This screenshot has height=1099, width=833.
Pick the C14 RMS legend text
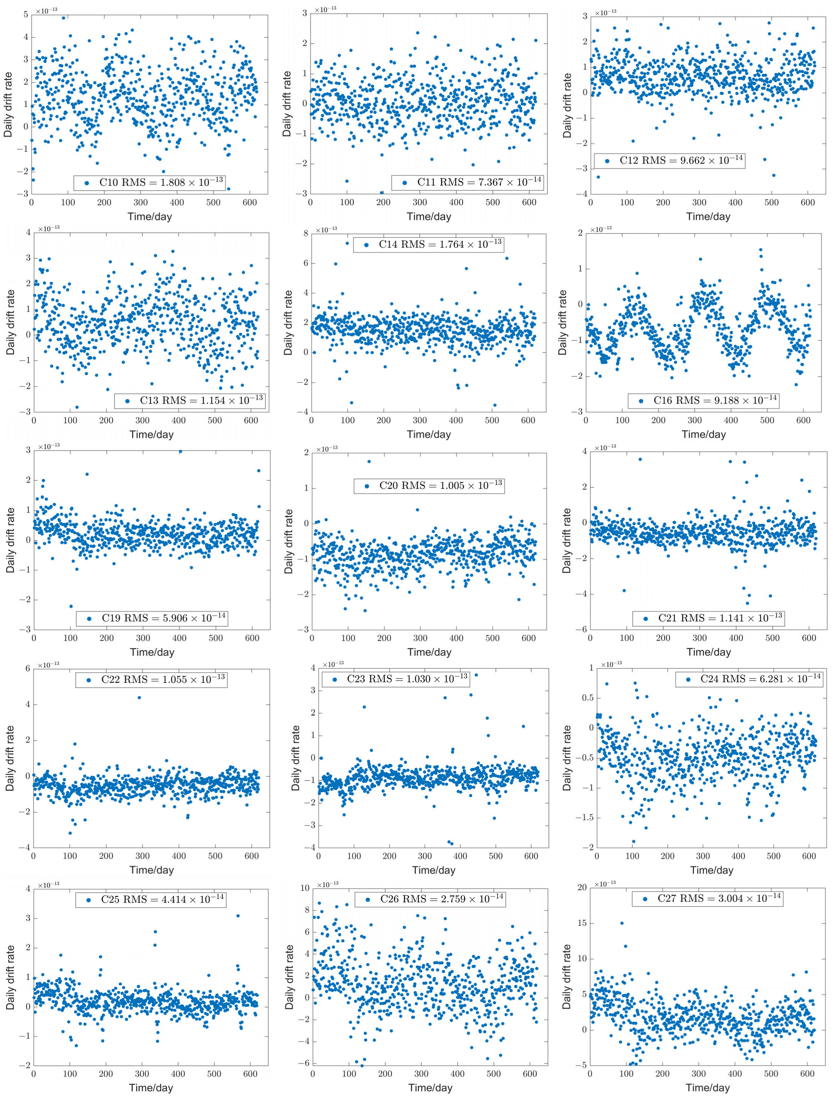pos(429,245)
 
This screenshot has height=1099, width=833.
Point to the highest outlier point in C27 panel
pos(622,923)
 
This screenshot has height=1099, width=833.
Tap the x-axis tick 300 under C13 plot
pos(142,420)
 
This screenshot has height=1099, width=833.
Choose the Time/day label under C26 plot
pos(430,1088)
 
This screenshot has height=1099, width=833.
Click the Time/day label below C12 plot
pos(708,217)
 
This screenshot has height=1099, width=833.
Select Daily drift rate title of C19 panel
pos(10,540)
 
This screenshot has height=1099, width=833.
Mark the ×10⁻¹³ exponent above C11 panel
pos(325,9)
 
